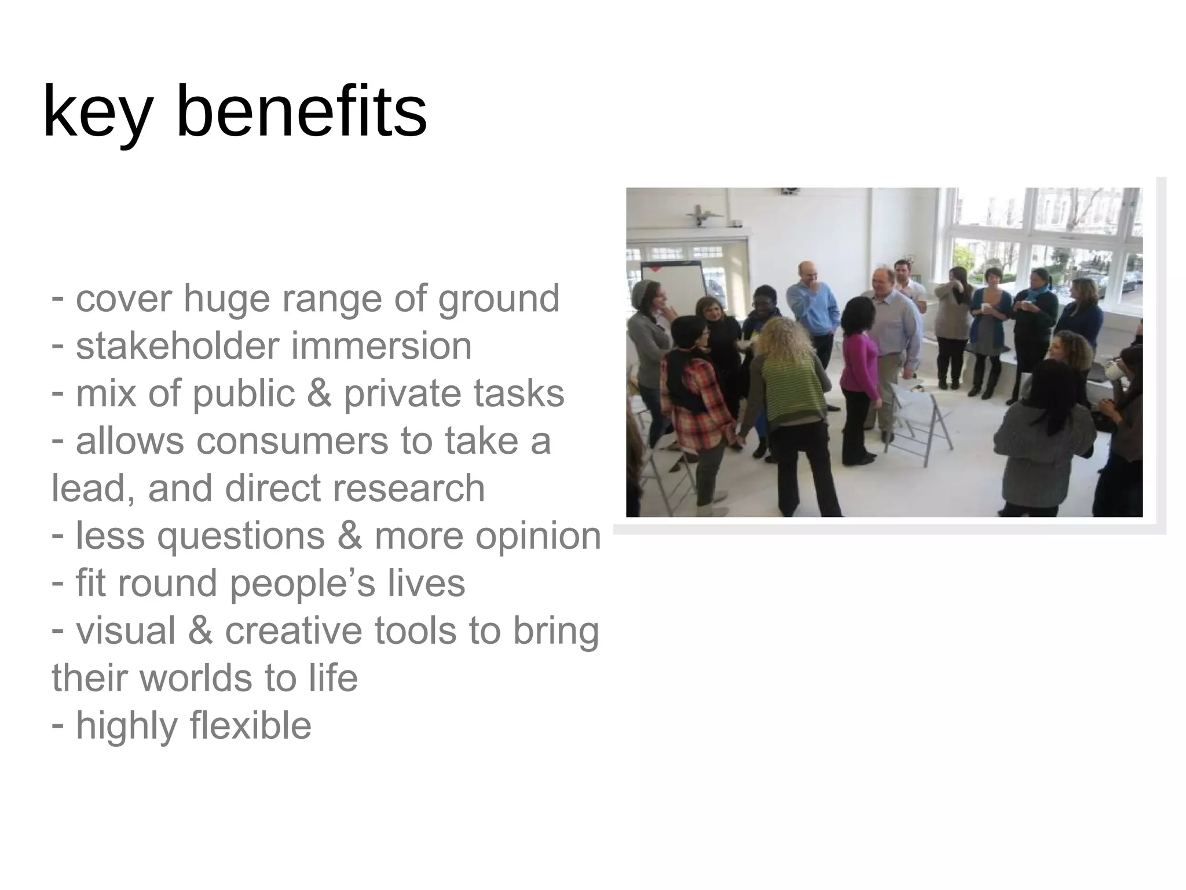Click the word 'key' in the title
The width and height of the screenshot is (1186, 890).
click(x=98, y=112)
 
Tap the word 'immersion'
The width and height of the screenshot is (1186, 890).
click(x=380, y=346)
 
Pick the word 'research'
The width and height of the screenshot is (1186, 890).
click(x=412, y=488)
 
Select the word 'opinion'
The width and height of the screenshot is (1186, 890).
click(x=538, y=536)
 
